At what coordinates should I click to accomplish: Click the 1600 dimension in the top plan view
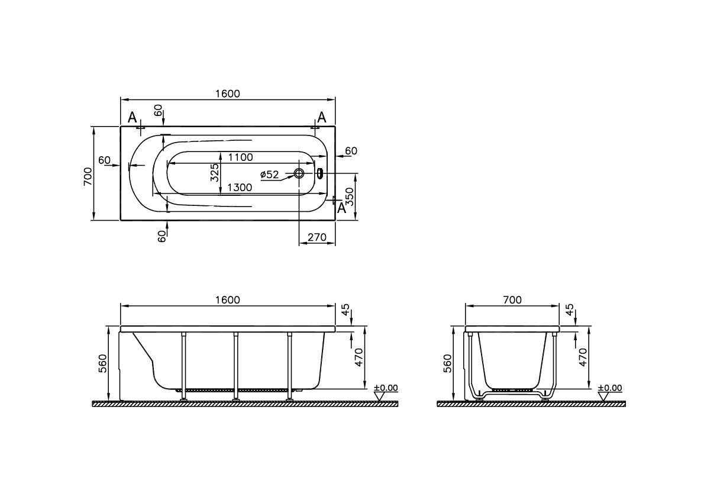(x=228, y=93)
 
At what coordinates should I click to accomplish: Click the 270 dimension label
(x=317, y=238)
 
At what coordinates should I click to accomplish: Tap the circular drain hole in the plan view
(x=299, y=174)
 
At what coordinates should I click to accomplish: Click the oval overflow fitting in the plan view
(x=320, y=173)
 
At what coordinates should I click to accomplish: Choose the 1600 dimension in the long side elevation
(x=228, y=300)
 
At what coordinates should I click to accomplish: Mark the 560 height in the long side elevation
(x=101, y=362)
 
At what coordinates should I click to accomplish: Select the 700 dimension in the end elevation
(x=512, y=300)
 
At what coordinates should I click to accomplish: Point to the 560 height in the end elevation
(x=447, y=362)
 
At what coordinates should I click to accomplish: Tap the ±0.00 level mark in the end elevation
(x=610, y=389)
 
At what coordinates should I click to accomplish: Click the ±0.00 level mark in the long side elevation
(x=386, y=389)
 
